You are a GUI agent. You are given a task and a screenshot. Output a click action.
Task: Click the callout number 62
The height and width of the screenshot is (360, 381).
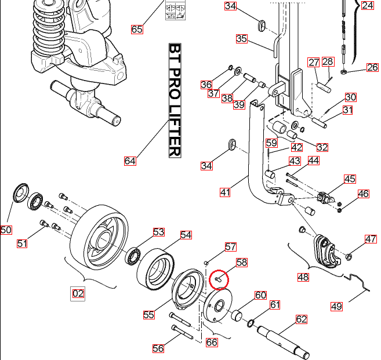[301, 319]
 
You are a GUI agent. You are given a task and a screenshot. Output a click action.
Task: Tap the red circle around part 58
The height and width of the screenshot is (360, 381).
[219, 279]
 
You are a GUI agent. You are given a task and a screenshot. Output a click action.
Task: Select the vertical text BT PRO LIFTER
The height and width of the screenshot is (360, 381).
[175, 100]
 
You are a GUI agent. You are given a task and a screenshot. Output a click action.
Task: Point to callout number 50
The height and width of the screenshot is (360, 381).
[6, 230]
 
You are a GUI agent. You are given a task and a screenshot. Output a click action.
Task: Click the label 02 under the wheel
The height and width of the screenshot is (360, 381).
[78, 294]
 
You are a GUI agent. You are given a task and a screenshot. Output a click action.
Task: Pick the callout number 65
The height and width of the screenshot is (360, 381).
[137, 29]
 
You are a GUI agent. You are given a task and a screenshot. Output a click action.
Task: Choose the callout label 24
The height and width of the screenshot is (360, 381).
[368, 6]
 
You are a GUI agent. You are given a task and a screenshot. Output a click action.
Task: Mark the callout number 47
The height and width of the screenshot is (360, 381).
[371, 239]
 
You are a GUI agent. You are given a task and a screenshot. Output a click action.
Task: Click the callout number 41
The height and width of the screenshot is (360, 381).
[226, 192]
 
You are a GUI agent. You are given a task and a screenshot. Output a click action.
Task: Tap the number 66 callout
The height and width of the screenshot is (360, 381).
[212, 343]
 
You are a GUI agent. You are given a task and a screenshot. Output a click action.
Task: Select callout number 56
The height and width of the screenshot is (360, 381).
[158, 348]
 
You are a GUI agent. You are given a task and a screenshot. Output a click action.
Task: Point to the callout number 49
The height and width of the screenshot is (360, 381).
[336, 306]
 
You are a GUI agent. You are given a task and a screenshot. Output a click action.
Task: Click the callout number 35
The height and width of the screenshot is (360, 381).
[242, 39]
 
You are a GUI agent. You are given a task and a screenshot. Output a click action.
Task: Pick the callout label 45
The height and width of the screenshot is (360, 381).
[350, 179]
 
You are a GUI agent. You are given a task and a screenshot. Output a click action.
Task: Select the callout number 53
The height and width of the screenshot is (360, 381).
[159, 232]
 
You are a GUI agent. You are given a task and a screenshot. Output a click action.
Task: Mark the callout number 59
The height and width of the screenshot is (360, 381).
[271, 143]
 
